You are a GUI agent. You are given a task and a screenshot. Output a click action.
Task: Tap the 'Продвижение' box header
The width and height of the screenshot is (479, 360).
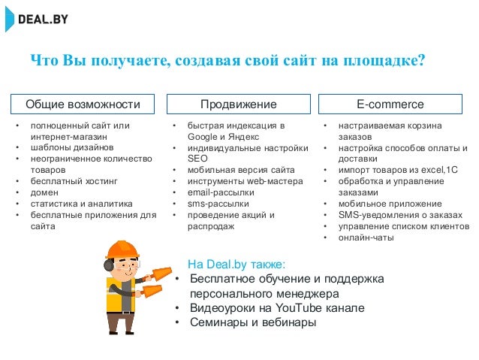[239, 104]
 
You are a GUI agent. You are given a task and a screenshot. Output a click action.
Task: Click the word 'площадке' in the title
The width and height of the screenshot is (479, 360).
[381, 60]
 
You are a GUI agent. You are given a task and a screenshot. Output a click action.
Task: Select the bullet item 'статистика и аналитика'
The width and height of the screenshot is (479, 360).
[81, 204]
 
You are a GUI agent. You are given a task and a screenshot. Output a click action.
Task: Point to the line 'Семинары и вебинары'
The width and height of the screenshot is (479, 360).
[252, 322]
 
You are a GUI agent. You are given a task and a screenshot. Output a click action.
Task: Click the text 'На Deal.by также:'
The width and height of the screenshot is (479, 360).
[236, 265]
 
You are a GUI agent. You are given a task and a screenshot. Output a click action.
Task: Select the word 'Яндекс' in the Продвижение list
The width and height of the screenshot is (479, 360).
[239, 137]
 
